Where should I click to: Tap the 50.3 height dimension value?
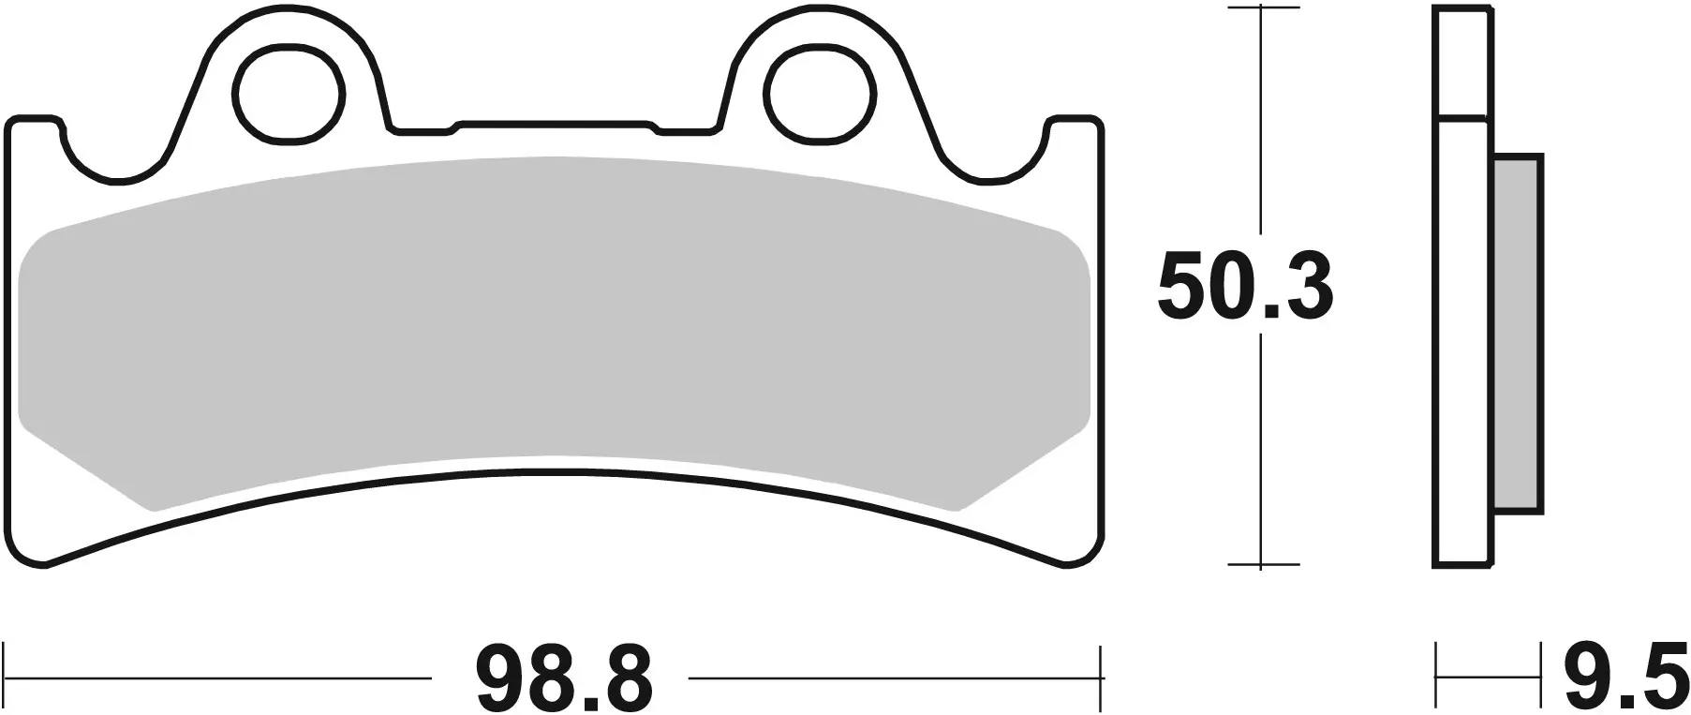point(1245,287)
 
